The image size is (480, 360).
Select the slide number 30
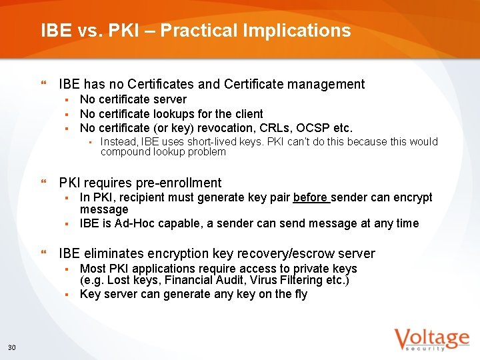coord(11,347)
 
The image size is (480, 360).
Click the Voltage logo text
coord(431,338)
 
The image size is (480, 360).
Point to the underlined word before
coord(310,197)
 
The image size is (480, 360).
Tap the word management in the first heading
coord(326,84)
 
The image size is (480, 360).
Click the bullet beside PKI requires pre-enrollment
coord(44,183)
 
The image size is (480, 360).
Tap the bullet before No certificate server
coord(67,100)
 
